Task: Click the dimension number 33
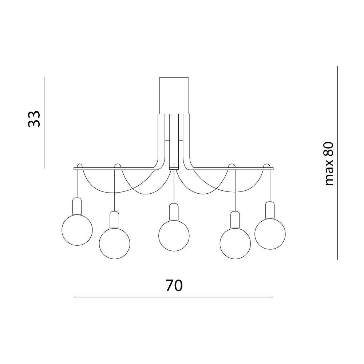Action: pyautogui.click(x=34, y=119)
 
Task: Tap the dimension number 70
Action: pyautogui.click(x=174, y=285)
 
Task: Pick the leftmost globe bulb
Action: pyautogui.click(x=77, y=230)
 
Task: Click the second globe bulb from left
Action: pyautogui.click(x=114, y=244)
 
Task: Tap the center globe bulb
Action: pyautogui.click(x=174, y=236)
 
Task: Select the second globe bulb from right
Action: pyautogui.click(x=235, y=244)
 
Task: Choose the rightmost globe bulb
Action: pyautogui.click(x=270, y=234)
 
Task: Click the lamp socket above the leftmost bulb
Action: pyautogui.click(x=77, y=206)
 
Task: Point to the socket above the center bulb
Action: pyautogui.click(x=174, y=212)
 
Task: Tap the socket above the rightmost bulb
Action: pyautogui.click(x=270, y=210)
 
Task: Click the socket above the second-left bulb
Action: pyautogui.click(x=114, y=219)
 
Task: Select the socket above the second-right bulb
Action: pyautogui.click(x=235, y=219)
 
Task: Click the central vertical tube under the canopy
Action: pyautogui.click(x=174, y=142)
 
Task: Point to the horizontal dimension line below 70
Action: pyautogui.click(x=173, y=297)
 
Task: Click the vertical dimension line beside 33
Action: pyautogui.click(x=44, y=123)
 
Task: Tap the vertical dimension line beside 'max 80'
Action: pyautogui.click(x=337, y=163)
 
